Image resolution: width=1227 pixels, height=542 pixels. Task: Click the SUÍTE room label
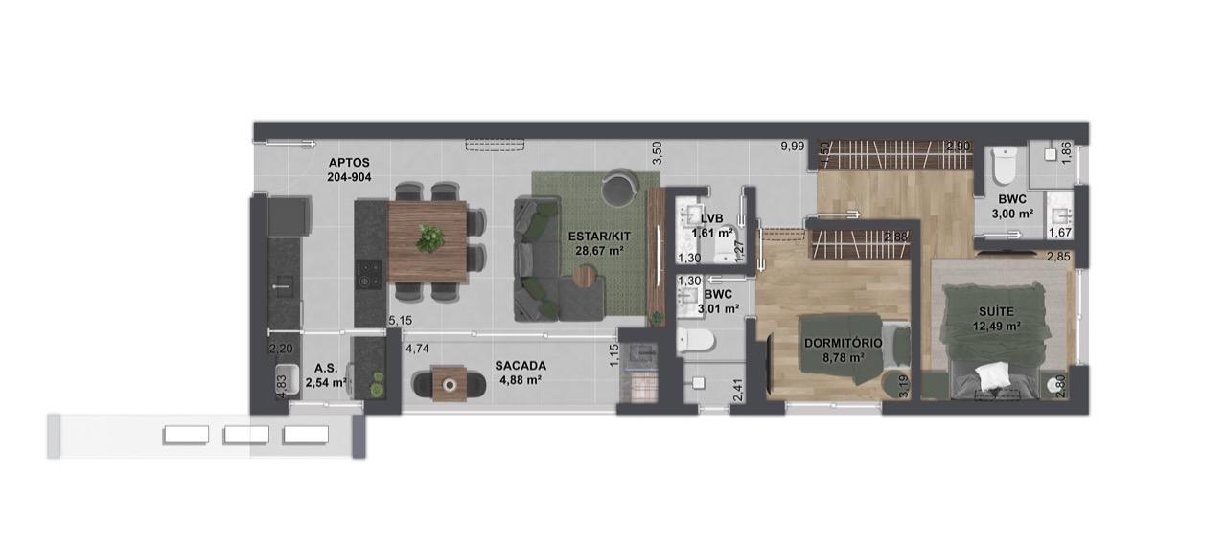pyautogui.click(x=996, y=311)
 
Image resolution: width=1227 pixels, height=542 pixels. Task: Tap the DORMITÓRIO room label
pyautogui.click(x=843, y=343)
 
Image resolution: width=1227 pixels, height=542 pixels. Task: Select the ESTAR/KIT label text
pyautogui.click(x=599, y=237)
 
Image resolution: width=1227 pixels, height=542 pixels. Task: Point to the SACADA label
pyautogui.click(x=521, y=366)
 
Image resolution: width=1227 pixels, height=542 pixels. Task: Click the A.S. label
pyautogui.click(x=326, y=369)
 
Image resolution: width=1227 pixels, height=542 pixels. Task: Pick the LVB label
pyautogui.click(x=711, y=219)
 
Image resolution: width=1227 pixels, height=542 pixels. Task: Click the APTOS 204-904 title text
pyautogui.click(x=349, y=169)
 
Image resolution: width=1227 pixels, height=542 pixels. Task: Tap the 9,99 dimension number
pyautogui.click(x=793, y=147)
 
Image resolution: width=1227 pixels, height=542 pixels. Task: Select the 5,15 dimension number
pyautogui.click(x=400, y=320)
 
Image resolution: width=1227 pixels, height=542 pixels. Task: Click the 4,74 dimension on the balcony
pyautogui.click(x=417, y=349)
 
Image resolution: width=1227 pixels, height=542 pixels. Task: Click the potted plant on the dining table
pyautogui.click(x=429, y=238)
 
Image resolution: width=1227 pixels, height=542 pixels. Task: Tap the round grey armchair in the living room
pyautogui.click(x=619, y=187)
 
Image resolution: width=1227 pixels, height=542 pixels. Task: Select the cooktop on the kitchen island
pyautogui.click(x=368, y=274)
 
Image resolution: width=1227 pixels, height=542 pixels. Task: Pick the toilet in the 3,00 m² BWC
pyautogui.click(x=1004, y=166)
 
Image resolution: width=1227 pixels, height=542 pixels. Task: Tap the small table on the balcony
pyautogui.click(x=450, y=384)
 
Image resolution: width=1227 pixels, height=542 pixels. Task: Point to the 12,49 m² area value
pyautogui.click(x=996, y=327)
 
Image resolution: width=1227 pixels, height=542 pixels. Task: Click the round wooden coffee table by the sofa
pyautogui.click(x=586, y=276)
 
